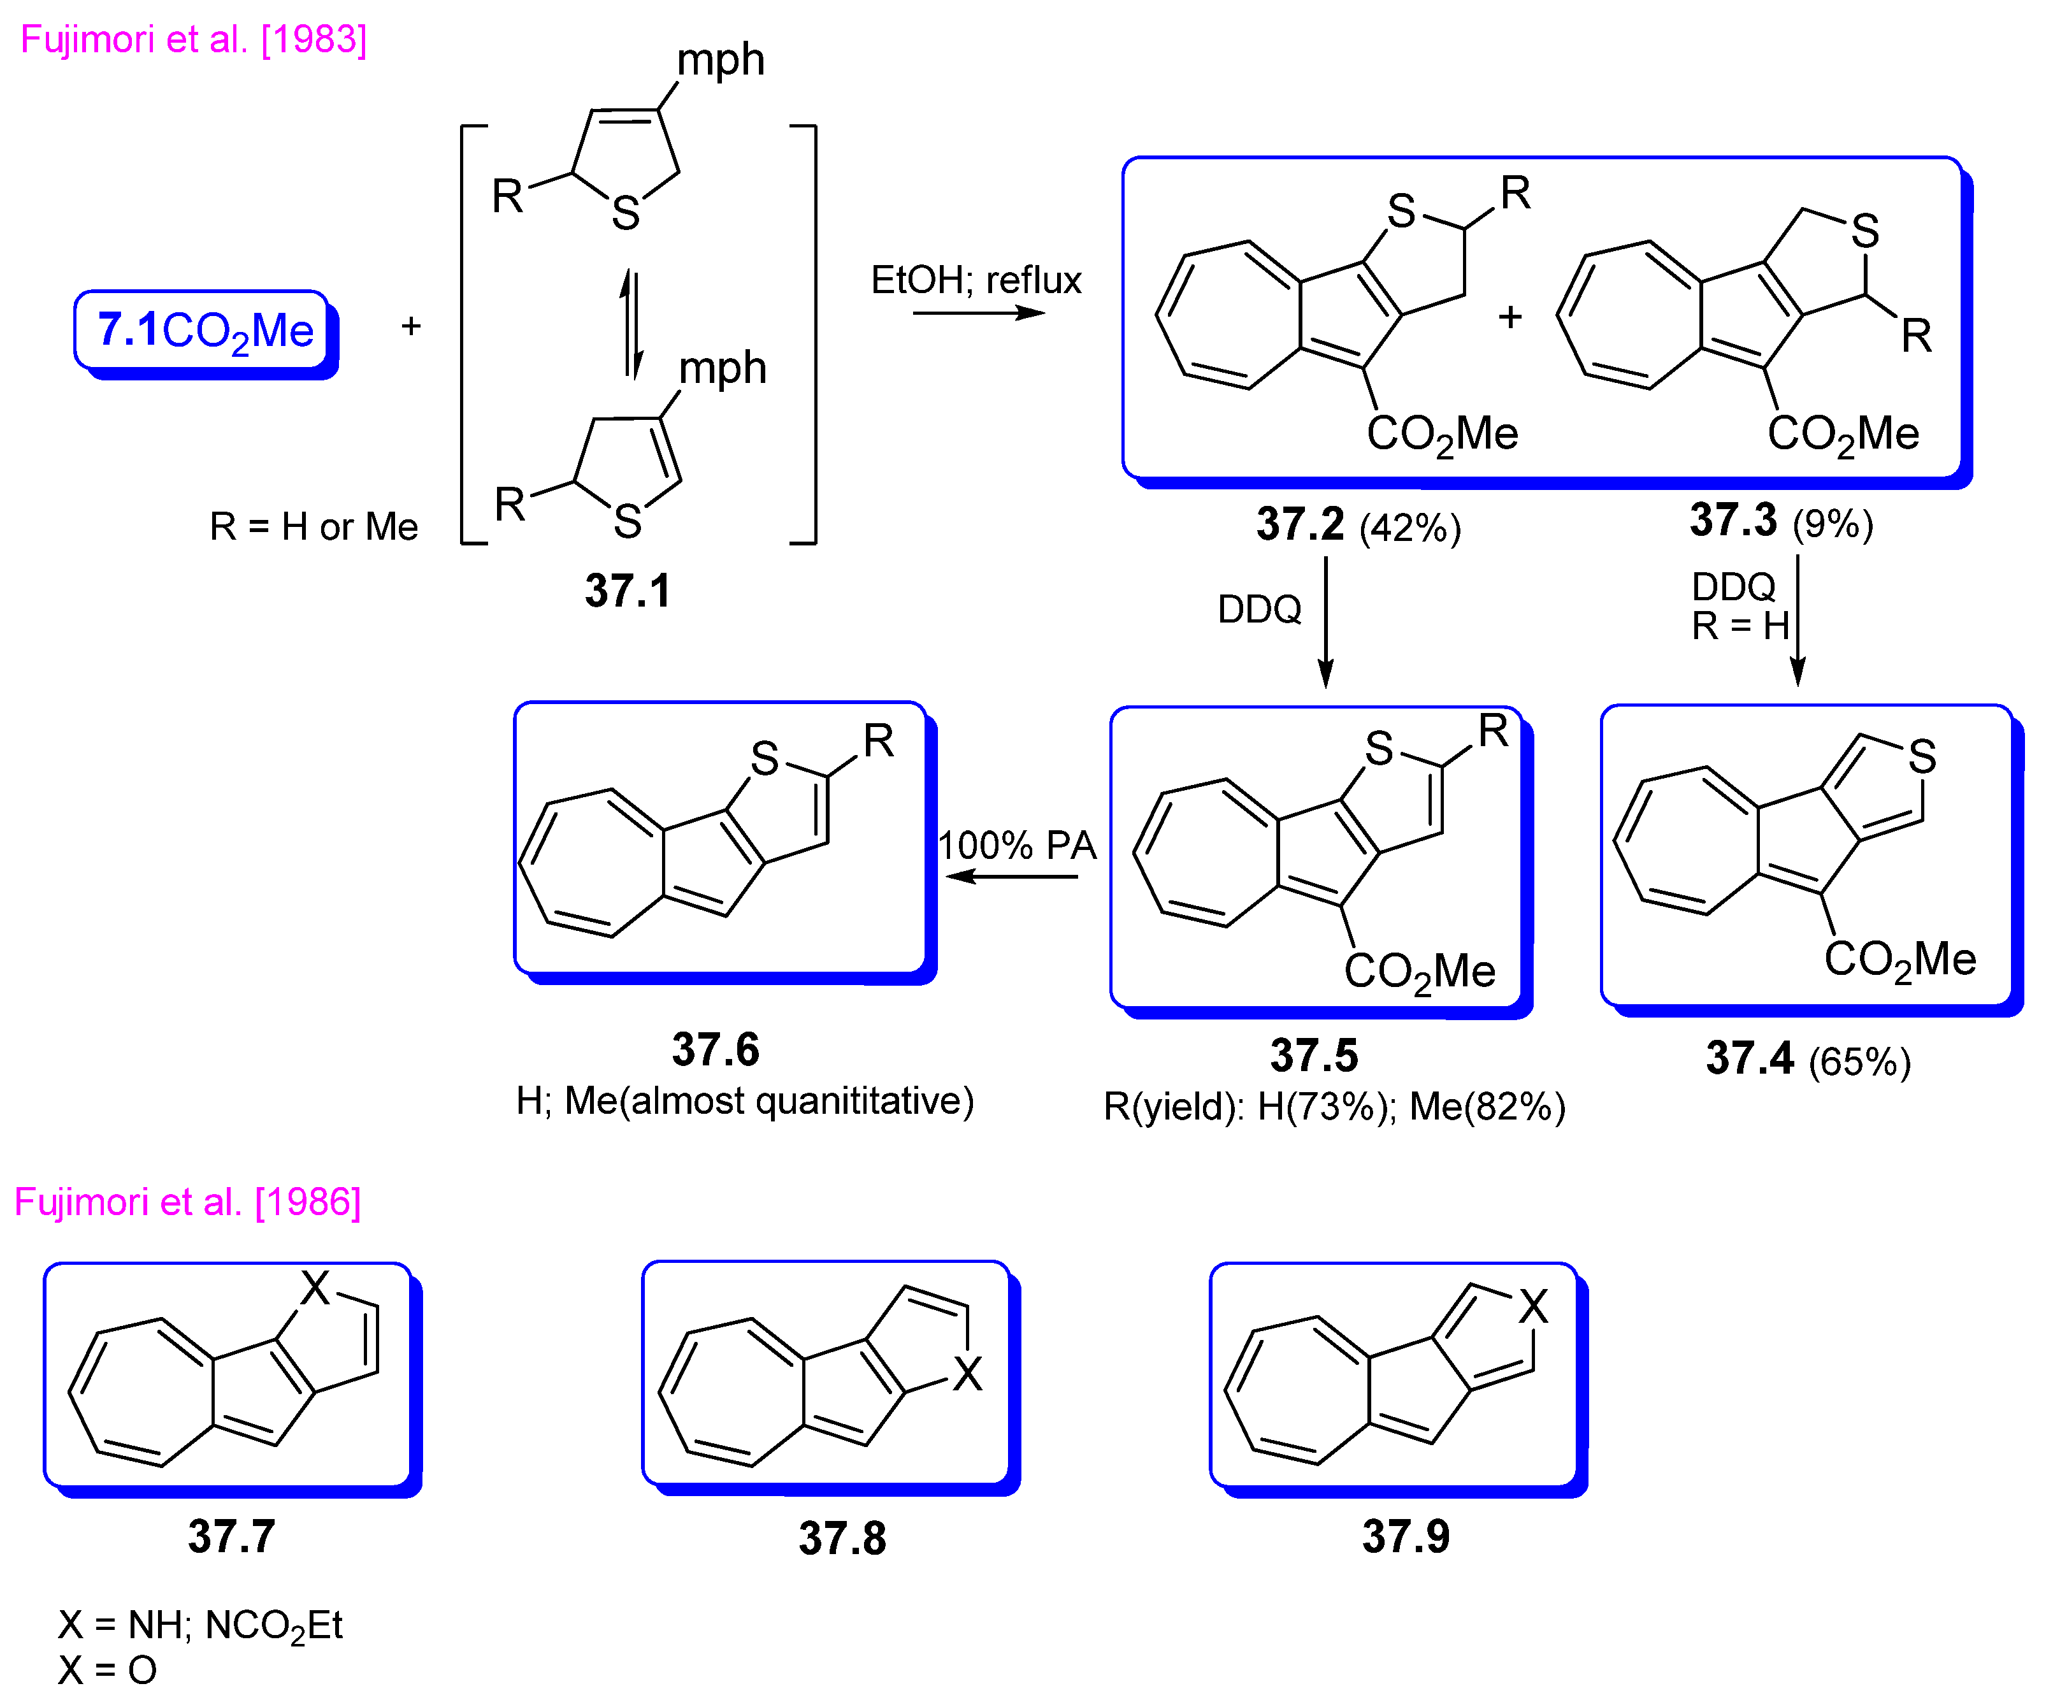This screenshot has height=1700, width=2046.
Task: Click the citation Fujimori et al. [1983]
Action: [x=194, y=40]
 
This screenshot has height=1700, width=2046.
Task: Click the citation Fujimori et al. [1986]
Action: [x=188, y=1202]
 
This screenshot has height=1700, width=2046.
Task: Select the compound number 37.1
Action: [x=628, y=591]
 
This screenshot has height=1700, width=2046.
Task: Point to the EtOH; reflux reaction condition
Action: [x=976, y=280]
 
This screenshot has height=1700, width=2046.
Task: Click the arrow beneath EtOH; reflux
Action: [x=978, y=313]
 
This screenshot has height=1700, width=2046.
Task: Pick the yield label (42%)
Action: [x=1410, y=528]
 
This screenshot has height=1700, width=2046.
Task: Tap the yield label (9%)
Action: [x=1833, y=523]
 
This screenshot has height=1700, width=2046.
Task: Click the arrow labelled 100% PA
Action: [x=1013, y=876]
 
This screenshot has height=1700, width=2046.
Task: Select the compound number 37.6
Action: [x=715, y=1049]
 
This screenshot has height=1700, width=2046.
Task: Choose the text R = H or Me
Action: [x=313, y=527]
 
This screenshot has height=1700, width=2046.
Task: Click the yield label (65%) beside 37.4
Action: [x=1859, y=1061]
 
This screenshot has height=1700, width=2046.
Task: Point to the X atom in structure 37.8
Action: [x=967, y=1374]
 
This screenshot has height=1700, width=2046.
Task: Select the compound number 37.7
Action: [x=232, y=1536]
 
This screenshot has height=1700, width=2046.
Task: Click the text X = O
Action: [x=107, y=1671]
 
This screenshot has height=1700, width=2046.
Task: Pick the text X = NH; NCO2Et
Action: [x=199, y=1625]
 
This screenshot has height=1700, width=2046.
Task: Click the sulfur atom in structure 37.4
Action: [x=1921, y=756]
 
